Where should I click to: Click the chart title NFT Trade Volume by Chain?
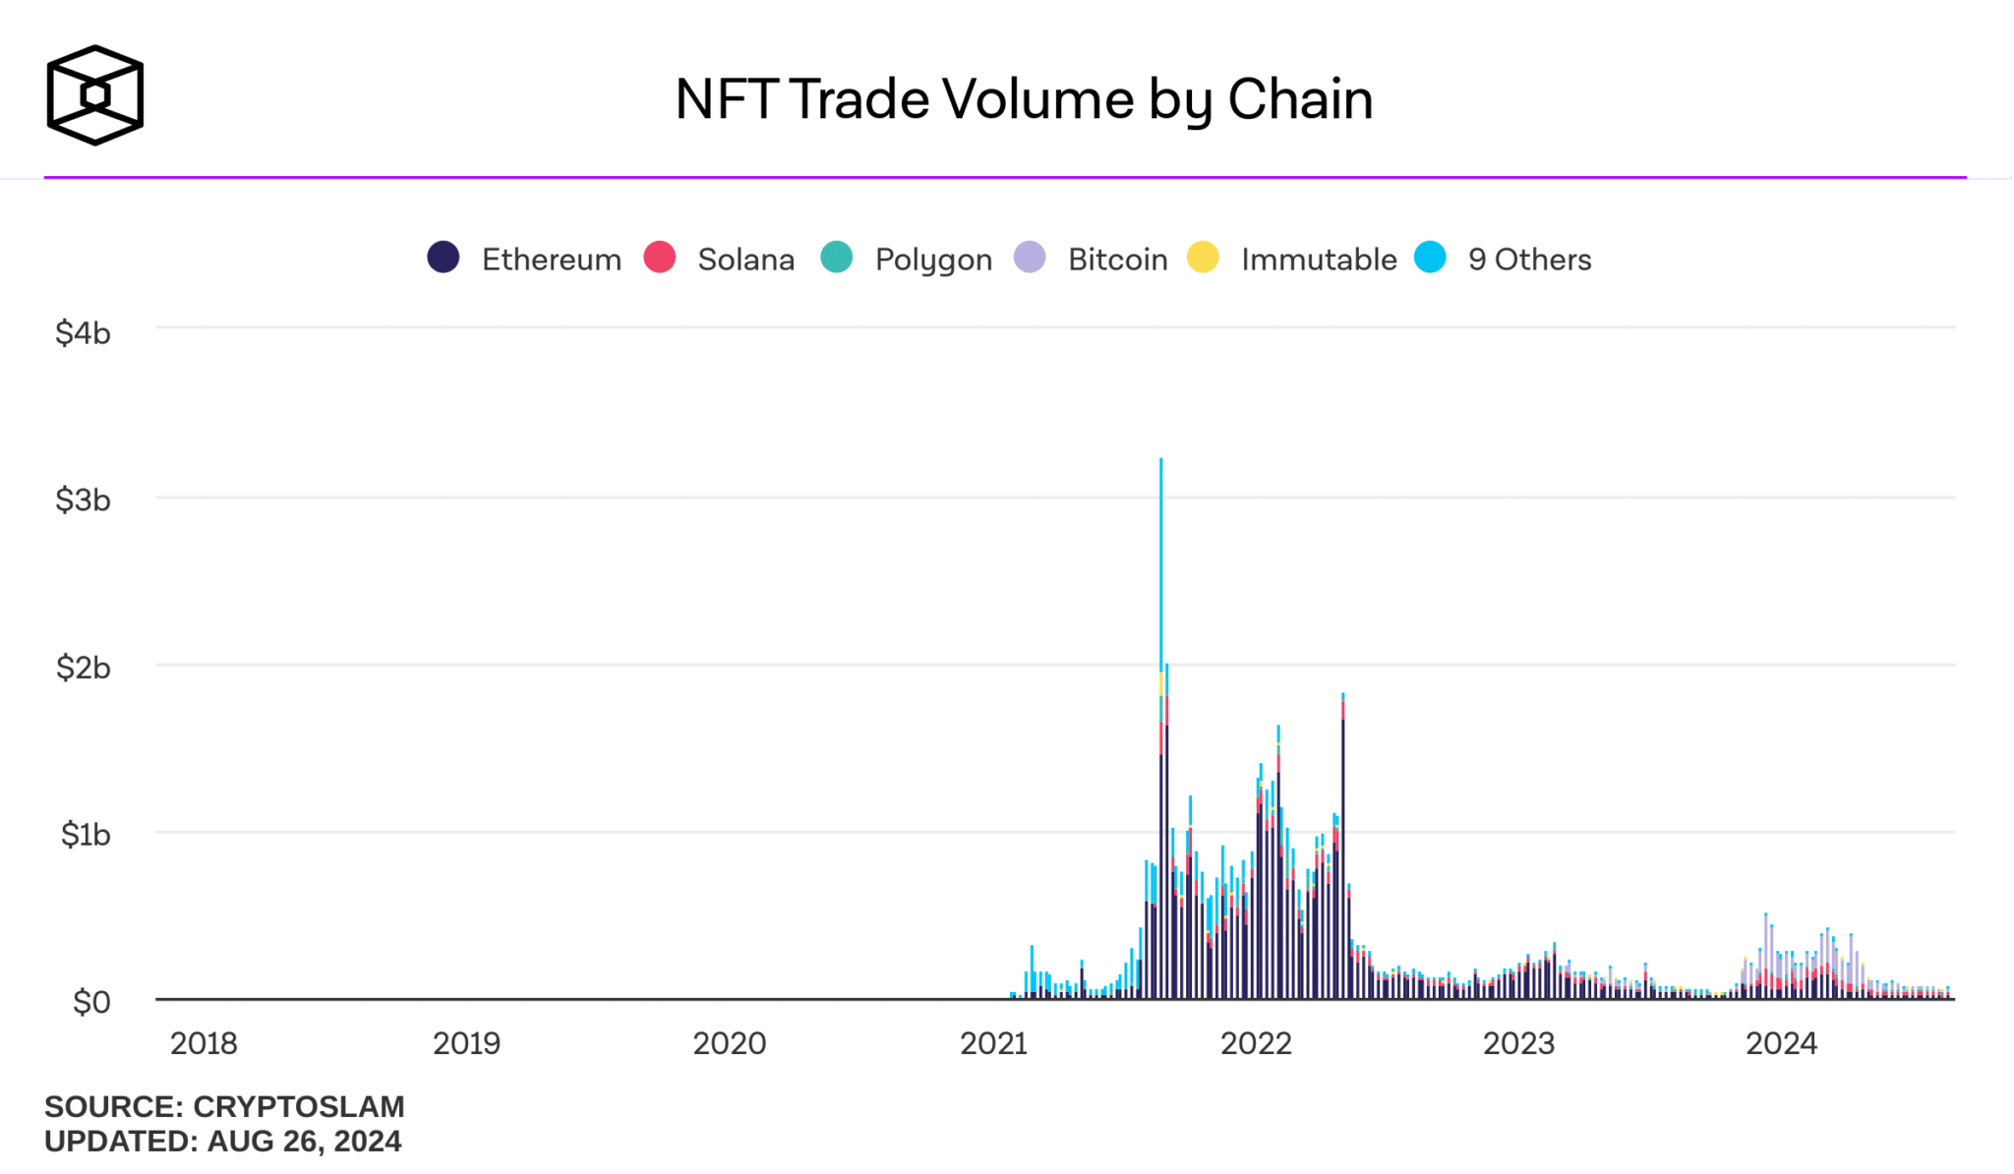1024,99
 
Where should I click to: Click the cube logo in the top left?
95,95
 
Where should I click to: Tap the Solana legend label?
745,260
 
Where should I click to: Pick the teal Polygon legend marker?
837,258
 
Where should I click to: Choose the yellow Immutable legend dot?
1203,258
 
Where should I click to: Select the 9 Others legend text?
1529,260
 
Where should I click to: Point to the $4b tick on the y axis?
83,333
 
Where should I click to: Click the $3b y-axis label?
83,500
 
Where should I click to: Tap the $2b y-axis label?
83,668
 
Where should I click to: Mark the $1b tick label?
85,835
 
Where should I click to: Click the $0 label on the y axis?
91,1002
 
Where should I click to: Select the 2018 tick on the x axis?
204,1043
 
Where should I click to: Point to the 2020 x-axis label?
729,1043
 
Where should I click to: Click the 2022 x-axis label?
1256,1043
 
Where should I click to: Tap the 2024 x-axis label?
1781,1043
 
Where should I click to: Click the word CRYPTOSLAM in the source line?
299,1107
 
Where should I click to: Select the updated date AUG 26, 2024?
304,1142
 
